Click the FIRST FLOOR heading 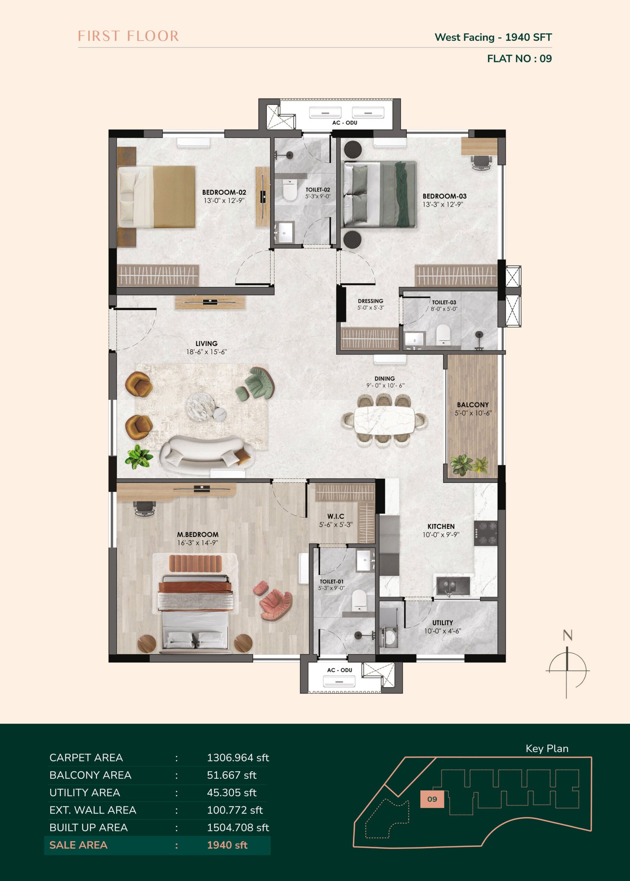(x=128, y=36)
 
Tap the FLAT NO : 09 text (x=519, y=59)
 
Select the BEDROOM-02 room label (x=224, y=192)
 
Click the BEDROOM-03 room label (x=445, y=196)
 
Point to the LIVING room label (x=207, y=344)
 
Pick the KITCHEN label (x=441, y=526)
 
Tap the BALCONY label (x=473, y=405)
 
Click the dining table (x=384, y=420)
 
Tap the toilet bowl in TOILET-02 (x=289, y=190)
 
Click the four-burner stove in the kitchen (x=486, y=533)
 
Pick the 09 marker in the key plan (x=432, y=799)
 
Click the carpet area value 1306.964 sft (x=238, y=758)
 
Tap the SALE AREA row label (x=78, y=845)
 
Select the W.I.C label (x=336, y=516)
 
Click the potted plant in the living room (x=138, y=456)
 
